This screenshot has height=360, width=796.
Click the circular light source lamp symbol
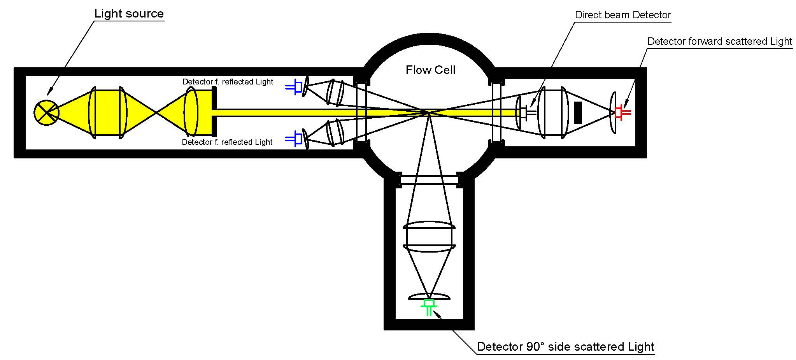point(46,112)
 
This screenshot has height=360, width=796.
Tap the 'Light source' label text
point(129,14)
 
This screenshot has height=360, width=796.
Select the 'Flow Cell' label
point(430,70)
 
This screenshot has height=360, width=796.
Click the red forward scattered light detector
point(621,112)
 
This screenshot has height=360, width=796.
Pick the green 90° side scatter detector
point(429,306)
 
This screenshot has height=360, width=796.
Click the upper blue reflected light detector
point(296,87)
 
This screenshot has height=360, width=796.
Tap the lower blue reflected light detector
point(296,139)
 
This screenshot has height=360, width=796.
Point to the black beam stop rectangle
point(578,112)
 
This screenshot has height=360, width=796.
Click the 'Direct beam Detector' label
point(622,15)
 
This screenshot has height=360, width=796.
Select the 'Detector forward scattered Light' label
point(719,42)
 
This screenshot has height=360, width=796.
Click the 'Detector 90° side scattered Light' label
point(565,347)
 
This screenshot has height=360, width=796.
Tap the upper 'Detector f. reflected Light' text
point(228,82)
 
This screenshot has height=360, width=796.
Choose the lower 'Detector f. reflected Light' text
point(227,142)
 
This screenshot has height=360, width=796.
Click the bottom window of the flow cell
point(429,180)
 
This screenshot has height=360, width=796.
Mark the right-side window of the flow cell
point(496,112)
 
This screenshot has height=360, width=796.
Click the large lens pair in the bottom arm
point(429,236)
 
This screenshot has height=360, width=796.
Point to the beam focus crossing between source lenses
point(156,112)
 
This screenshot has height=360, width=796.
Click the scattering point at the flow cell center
point(429,112)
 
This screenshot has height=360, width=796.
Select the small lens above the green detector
point(429,296)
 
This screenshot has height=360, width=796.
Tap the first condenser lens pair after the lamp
point(108,112)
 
